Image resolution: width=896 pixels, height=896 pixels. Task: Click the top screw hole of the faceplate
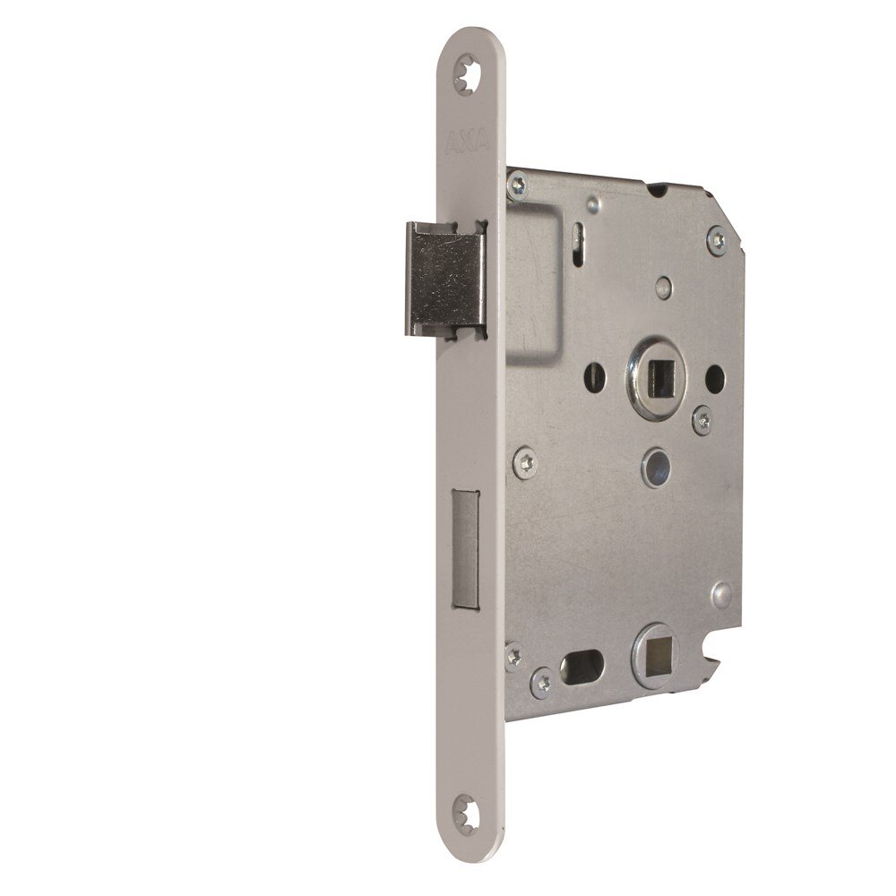(x=467, y=74)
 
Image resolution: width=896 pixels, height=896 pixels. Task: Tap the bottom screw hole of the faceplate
(x=466, y=814)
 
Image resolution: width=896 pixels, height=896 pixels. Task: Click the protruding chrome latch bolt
(x=445, y=280)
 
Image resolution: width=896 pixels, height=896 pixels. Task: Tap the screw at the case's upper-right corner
(x=718, y=240)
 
